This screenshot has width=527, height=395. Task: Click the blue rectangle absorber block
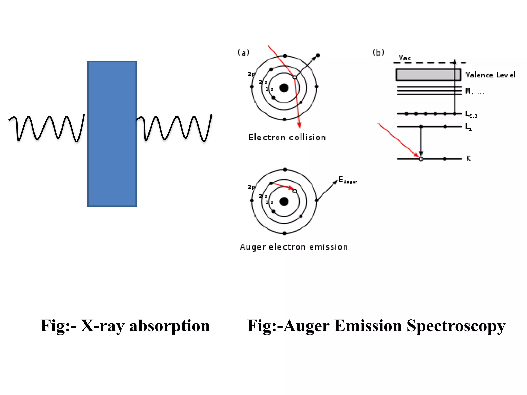[x=112, y=134]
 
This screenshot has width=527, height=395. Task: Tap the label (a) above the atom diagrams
[x=243, y=53]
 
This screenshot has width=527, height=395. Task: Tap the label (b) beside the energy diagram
[x=378, y=53]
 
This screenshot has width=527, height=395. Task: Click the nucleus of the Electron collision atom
[x=284, y=88]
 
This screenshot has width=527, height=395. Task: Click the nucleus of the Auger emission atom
[x=284, y=201]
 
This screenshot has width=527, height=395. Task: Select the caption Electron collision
[x=287, y=137]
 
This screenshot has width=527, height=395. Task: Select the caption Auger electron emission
[x=294, y=247]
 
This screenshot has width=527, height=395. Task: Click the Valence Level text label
[x=490, y=75]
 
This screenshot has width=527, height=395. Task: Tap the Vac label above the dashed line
[x=405, y=58]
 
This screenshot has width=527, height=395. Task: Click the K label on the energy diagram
[x=468, y=158]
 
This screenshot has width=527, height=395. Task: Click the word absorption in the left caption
[x=170, y=326]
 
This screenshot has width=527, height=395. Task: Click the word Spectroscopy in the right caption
[x=456, y=326]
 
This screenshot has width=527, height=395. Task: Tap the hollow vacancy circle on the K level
[x=421, y=159]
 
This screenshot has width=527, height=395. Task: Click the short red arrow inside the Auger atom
[x=283, y=186]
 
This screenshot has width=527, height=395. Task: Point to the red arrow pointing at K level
[x=398, y=140]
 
